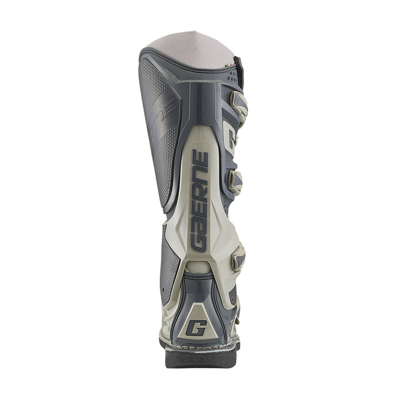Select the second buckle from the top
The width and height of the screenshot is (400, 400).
(x=236, y=180)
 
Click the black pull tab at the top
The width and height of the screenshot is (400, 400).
(x=238, y=69)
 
